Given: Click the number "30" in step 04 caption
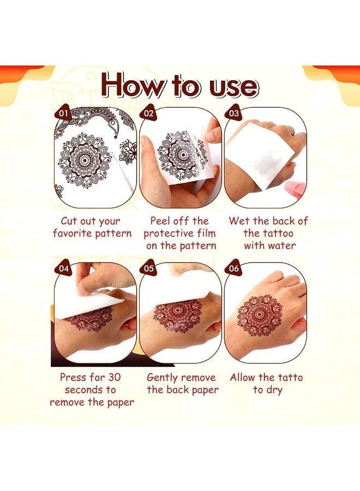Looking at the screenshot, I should (x=111, y=378).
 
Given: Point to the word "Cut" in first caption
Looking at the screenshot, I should (x=73, y=221).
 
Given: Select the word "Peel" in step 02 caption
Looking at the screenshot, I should (x=161, y=221).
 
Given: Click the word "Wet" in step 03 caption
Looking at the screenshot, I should (x=239, y=221).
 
